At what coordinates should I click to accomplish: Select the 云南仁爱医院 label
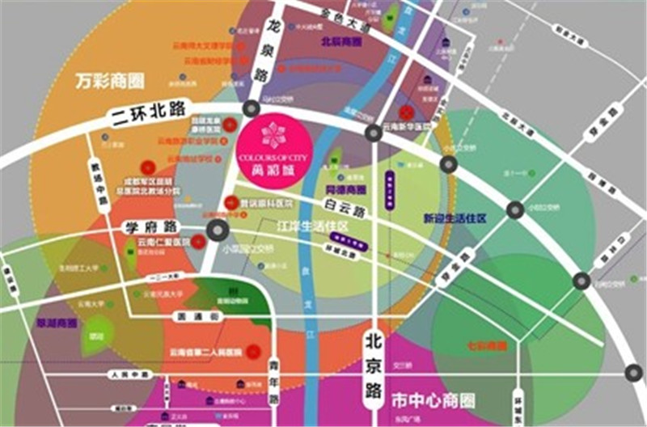pos(163,242)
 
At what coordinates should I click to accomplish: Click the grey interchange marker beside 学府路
pos(218,230)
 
